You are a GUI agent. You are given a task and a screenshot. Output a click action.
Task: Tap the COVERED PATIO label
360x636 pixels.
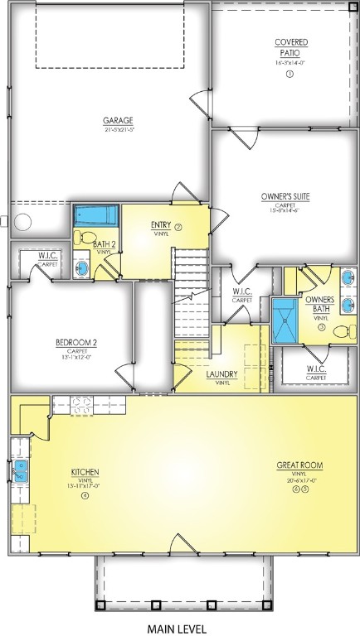click(290, 48)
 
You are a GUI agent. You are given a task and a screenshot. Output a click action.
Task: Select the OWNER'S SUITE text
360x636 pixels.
click(285, 196)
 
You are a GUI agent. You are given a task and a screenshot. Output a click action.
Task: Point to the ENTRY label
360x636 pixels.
click(161, 225)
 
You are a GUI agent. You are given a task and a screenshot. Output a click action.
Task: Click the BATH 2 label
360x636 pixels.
click(104, 244)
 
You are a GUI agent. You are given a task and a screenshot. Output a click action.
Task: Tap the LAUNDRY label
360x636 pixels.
click(221, 374)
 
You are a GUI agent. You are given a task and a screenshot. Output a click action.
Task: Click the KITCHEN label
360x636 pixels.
click(85, 473)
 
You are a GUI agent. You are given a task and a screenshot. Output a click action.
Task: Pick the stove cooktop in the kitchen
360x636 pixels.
click(82, 405)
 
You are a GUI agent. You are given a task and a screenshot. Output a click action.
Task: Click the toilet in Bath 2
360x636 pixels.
click(82, 238)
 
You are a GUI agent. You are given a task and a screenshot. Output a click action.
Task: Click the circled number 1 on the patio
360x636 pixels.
click(289, 75)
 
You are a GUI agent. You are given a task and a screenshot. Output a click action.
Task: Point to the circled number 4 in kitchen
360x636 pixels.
click(85, 496)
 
